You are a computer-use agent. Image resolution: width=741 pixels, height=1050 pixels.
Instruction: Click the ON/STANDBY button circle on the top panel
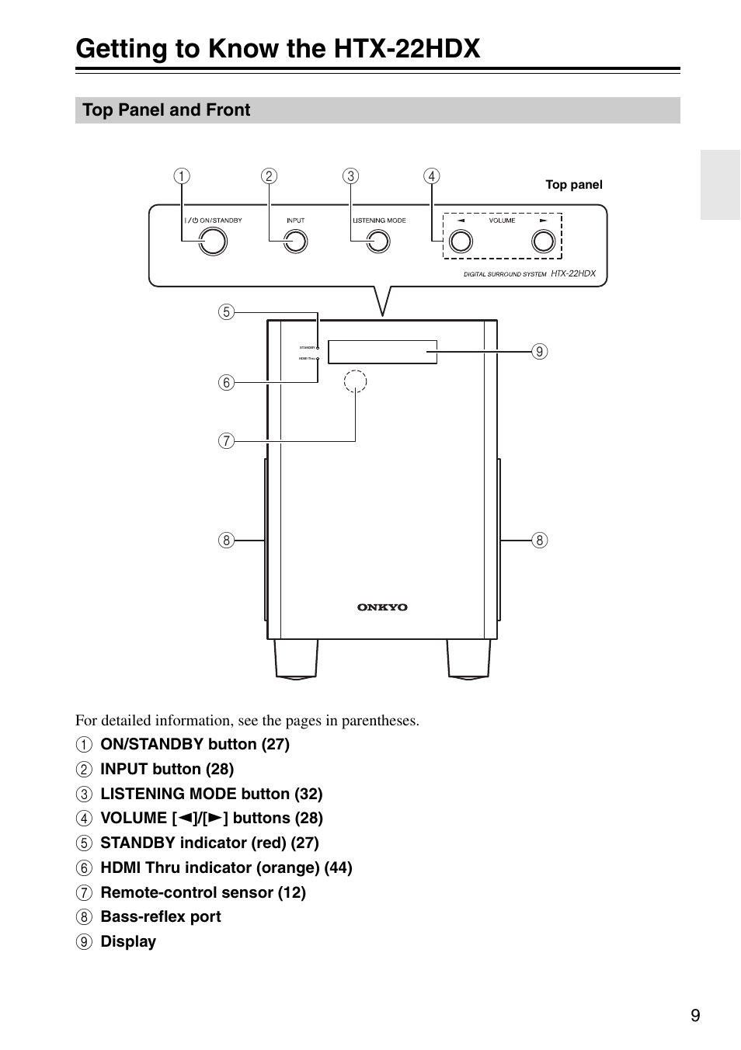[212, 242]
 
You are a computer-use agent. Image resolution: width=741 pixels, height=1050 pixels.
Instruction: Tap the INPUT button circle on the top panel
[295, 242]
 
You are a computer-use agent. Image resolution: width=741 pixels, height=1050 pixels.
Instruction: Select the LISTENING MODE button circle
[377, 242]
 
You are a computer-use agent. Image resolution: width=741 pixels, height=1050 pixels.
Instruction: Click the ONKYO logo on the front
[382, 607]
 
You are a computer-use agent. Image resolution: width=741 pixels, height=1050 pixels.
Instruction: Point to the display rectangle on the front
[382, 352]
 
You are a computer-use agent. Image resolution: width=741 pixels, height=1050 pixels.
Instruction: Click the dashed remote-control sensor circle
[355, 381]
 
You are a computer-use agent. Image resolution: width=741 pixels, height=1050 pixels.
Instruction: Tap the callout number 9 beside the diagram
[539, 352]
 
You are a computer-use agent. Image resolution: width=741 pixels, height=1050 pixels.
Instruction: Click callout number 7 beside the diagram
[226, 441]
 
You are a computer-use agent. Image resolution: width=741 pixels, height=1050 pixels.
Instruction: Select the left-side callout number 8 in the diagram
[226, 540]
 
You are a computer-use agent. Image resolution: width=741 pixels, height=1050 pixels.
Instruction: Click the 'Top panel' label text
[574, 185]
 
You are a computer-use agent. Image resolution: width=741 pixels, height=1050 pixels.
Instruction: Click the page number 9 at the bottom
[695, 1016]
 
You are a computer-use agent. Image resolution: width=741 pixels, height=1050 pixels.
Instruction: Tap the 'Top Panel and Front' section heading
[166, 110]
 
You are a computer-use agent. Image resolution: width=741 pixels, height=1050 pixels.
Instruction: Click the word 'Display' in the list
[128, 941]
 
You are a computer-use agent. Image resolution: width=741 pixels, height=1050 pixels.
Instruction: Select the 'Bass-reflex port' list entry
[161, 916]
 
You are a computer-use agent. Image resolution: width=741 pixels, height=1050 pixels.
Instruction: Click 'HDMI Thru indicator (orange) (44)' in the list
[226, 867]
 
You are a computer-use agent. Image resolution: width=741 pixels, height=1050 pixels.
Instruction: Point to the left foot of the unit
[296, 659]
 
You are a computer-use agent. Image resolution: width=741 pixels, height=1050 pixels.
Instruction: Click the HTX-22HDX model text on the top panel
[573, 273]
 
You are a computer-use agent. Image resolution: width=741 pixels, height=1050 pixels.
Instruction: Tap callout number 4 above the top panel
[431, 176]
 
